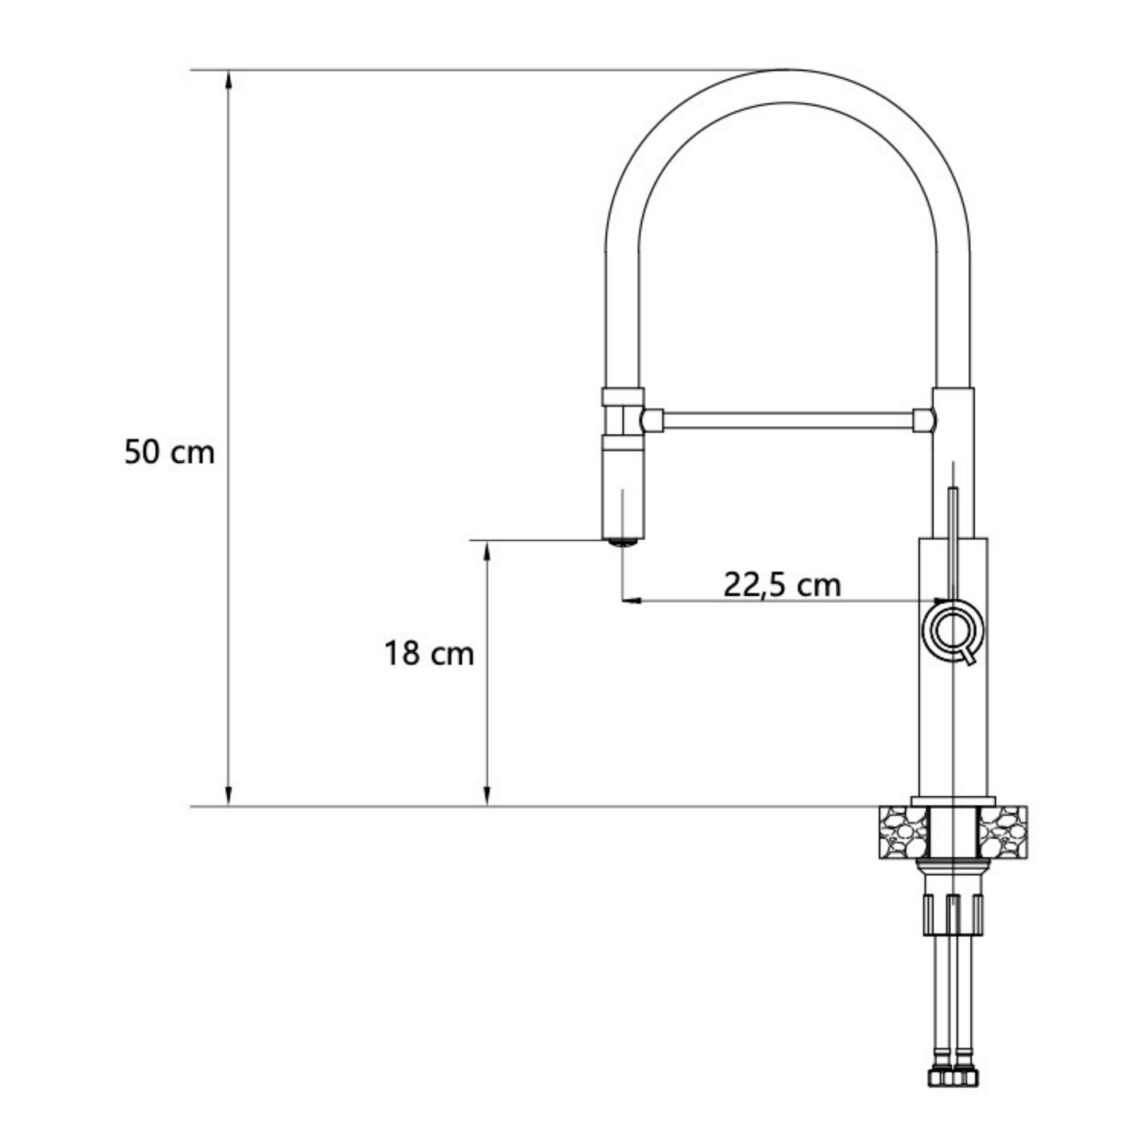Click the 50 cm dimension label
click(x=169, y=453)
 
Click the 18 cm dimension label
click(x=429, y=654)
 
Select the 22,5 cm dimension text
click(x=782, y=585)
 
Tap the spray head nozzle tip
click(x=623, y=541)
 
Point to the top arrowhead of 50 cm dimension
click(x=229, y=78)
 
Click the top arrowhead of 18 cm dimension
click(x=487, y=549)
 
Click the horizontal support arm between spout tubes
click(x=788, y=421)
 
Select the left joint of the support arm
click(x=653, y=421)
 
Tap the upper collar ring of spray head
click(x=623, y=396)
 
